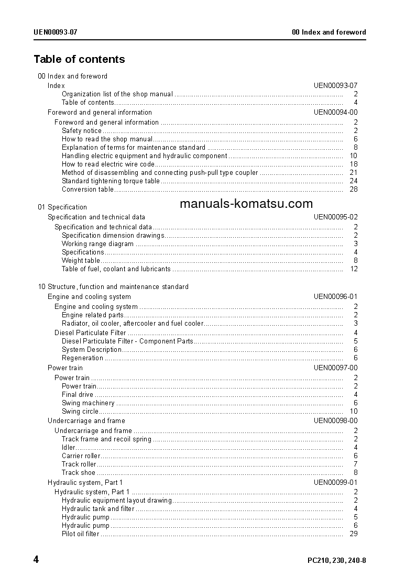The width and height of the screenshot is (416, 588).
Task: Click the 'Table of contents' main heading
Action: click(x=79, y=59)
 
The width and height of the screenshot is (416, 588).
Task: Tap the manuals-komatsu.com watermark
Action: click(x=246, y=204)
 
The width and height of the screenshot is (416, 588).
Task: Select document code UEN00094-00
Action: click(x=335, y=112)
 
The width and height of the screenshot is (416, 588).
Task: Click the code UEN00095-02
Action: click(x=335, y=217)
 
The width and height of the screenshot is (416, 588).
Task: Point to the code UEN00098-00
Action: click(x=335, y=420)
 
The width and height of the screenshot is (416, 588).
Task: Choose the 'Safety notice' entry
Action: click(x=82, y=130)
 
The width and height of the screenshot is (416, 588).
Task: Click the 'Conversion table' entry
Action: click(x=87, y=189)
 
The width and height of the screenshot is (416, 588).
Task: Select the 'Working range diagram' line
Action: click(x=97, y=243)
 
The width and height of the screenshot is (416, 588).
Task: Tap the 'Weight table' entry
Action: click(x=81, y=260)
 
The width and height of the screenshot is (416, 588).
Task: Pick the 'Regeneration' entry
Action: click(x=82, y=358)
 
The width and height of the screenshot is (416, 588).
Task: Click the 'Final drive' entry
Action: click(x=78, y=394)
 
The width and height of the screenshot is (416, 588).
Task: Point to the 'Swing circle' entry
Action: click(x=80, y=412)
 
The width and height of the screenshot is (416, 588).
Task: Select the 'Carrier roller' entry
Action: click(x=81, y=456)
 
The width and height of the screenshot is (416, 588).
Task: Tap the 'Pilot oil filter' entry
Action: click(x=80, y=534)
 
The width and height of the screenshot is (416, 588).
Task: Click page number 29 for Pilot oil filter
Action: click(x=353, y=534)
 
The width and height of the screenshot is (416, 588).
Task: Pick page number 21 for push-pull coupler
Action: click(x=353, y=172)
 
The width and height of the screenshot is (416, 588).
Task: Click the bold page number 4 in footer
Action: click(x=36, y=560)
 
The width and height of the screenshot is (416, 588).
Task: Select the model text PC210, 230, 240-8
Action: click(x=336, y=561)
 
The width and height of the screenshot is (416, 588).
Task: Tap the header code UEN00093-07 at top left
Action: click(x=56, y=32)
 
